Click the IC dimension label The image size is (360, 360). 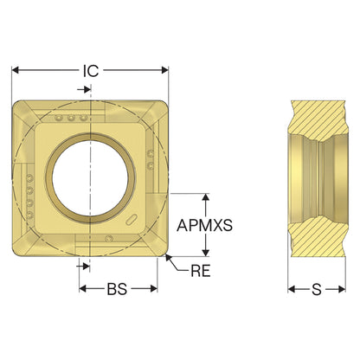pyautogui.click(x=91, y=71)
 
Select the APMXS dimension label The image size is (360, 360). pyautogui.click(x=204, y=225)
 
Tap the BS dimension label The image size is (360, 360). pyautogui.click(x=117, y=289)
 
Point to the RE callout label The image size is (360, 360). pyautogui.click(x=201, y=271)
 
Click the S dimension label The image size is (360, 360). pyautogui.click(x=317, y=289)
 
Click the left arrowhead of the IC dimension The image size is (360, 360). pyautogui.click(x=15, y=70)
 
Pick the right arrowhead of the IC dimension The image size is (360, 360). pyautogui.click(x=164, y=70)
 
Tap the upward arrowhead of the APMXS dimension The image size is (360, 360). pyautogui.click(x=205, y=197)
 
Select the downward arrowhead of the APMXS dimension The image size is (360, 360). pyautogui.click(x=205, y=252)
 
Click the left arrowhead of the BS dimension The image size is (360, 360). pyautogui.click(x=83, y=288)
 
